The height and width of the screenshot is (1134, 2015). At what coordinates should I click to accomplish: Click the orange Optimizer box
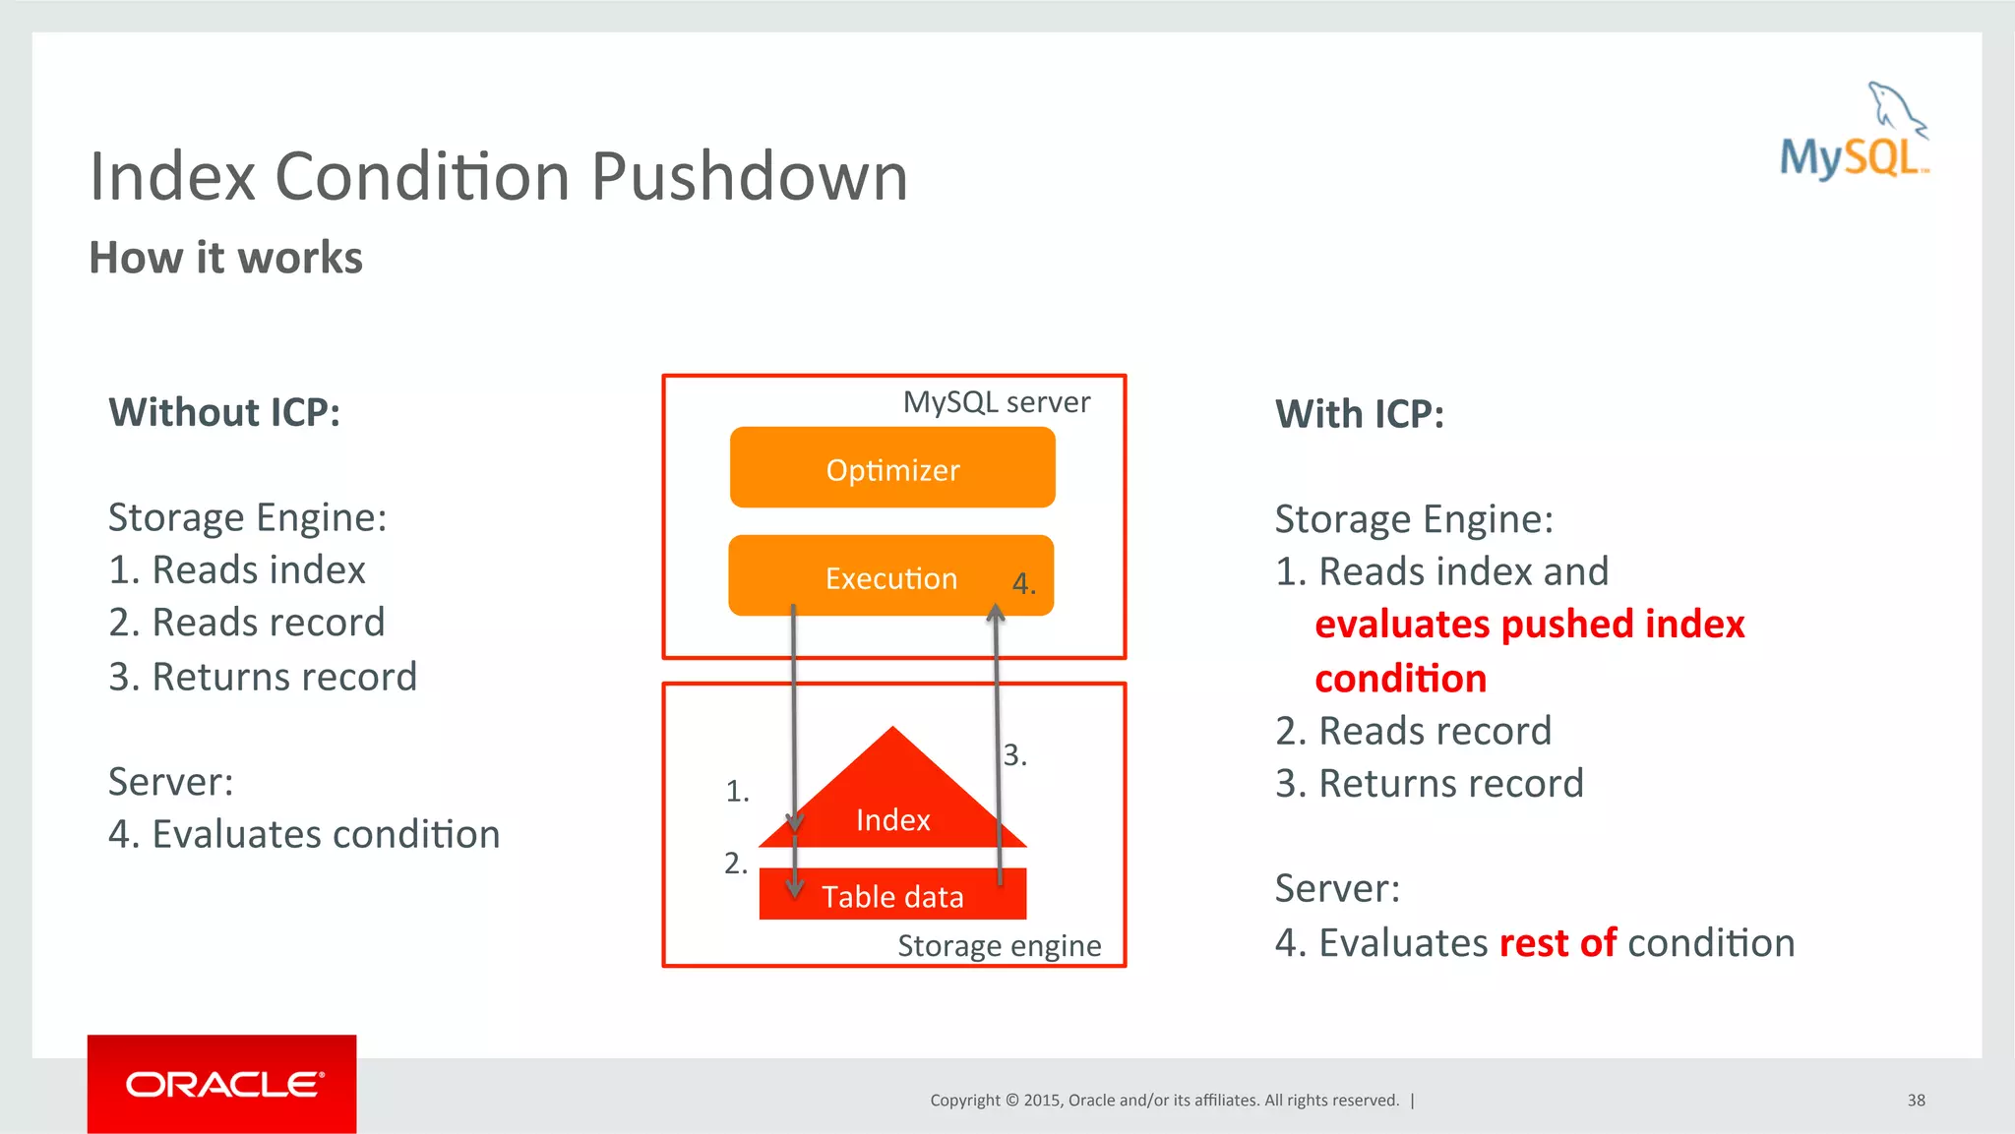892,468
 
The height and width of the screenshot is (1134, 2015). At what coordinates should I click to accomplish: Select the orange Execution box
890,576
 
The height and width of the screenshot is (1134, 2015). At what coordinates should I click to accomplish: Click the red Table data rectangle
892,895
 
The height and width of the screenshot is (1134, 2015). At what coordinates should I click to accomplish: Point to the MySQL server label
996,402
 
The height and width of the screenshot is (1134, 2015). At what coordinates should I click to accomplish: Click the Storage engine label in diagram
999,945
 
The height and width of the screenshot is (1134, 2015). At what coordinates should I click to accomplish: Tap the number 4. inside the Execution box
1023,583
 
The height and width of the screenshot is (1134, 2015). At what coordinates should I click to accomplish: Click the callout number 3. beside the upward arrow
1014,754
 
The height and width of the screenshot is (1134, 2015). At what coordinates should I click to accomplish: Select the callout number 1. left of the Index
737,791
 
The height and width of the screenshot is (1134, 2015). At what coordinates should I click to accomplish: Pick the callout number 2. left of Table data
736,863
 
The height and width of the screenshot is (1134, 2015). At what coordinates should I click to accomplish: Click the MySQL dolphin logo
1854,134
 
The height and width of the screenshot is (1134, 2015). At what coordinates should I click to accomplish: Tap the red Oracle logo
222,1084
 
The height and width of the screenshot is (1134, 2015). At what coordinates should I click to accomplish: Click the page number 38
1916,1100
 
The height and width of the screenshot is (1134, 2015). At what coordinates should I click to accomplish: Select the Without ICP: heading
224,412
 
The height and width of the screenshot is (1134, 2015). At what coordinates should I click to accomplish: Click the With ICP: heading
1359,414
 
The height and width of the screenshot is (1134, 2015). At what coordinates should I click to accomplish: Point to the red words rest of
1557,942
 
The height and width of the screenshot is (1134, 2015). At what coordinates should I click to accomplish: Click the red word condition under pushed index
1400,679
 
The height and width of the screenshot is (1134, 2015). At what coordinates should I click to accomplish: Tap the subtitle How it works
225,258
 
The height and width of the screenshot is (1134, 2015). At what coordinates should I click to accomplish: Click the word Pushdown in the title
749,177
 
